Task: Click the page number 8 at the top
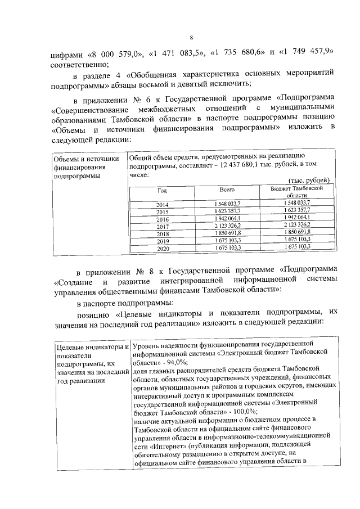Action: [x=191, y=37]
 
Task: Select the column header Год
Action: [x=163, y=191]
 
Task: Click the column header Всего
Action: [x=227, y=191]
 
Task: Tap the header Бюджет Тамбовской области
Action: [x=296, y=191]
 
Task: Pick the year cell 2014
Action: [x=163, y=204]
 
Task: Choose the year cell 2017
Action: [x=163, y=226]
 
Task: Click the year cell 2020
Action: [x=163, y=248]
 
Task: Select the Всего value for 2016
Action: [x=227, y=218]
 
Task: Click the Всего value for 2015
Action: [x=227, y=211]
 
